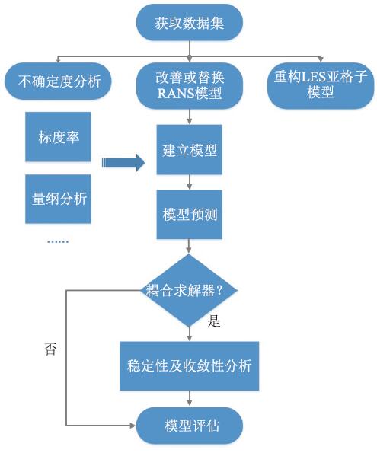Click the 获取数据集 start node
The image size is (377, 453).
190,23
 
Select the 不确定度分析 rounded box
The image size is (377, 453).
58,81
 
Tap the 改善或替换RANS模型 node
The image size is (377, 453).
190,85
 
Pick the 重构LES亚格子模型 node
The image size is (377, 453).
321,85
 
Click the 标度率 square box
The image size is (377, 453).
58,136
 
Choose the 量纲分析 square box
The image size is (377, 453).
58,199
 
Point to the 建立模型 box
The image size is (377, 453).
190,150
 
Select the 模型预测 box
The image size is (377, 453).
190,215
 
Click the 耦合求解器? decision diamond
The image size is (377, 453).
189,290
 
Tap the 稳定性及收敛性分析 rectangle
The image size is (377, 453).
190,366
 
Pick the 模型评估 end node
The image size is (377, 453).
190,426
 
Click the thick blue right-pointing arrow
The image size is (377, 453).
123,163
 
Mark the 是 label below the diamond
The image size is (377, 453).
214,321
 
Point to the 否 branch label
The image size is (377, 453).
50,349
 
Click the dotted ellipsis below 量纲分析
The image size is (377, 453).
58,241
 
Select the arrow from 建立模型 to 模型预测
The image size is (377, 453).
190,182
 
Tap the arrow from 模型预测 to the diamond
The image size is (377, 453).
189,247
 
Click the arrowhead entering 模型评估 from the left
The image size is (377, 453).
133,426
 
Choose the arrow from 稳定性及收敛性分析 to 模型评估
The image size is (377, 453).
190,398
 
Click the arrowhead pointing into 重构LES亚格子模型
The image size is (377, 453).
321,59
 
